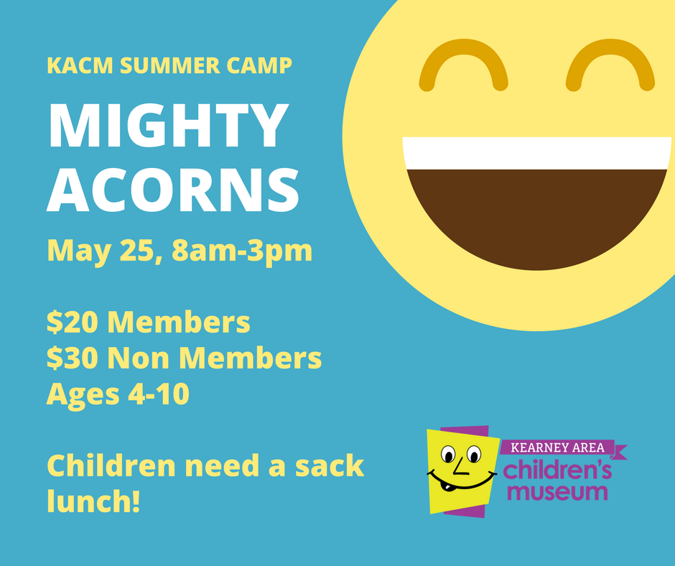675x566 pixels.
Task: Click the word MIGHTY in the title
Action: [x=168, y=126]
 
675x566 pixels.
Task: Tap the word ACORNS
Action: [x=173, y=190]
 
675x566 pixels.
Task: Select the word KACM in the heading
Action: [x=80, y=65]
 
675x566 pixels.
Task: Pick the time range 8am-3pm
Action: [x=242, y=251]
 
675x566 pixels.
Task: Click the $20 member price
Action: [x=73, y=322]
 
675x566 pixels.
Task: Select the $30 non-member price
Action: [x=73, y=358]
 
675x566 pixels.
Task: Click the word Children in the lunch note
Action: [x=111, y=465]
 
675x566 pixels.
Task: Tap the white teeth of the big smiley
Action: [x=536, y=153]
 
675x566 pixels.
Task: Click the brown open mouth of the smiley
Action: [x=536, y=215]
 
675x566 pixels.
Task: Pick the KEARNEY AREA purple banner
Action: [x=559, y=448]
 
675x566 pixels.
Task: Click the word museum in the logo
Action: [x=558, y=492]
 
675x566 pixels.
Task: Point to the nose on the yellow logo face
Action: [x=459, y=466]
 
